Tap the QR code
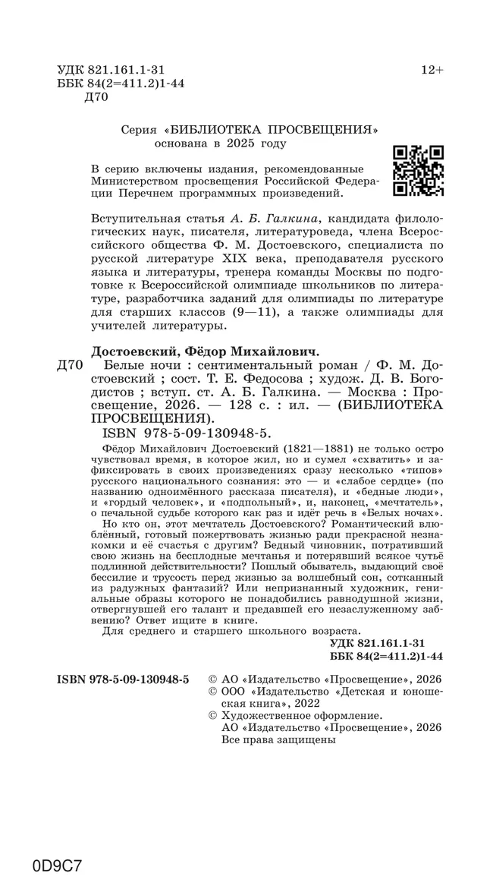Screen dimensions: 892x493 (418, 171)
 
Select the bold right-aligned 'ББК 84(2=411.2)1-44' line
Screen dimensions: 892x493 (387, 654)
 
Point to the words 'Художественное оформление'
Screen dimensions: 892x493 (301, 716)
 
